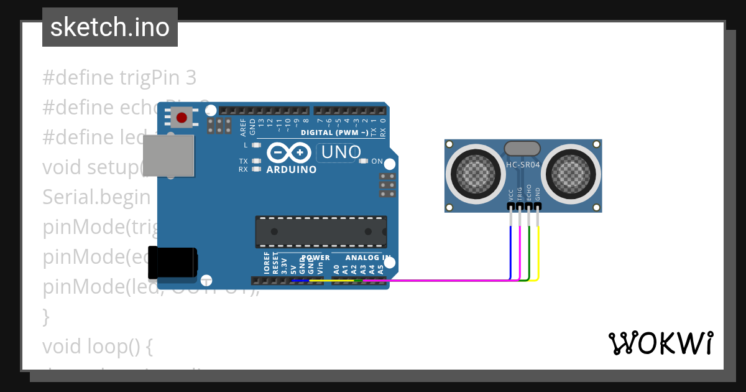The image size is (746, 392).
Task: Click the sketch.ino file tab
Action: click(109, 27)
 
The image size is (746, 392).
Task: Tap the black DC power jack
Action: click(172, 263)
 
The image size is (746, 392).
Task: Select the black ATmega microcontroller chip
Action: click(321, 231)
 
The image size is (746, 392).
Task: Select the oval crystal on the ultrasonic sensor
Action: click(522, 148)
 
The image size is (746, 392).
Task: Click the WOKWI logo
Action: click(660, 343)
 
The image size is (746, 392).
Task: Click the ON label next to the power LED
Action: click(377, 161)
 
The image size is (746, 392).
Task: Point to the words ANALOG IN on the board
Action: click(368, 258)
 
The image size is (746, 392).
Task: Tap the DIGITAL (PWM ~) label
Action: click(333, 133)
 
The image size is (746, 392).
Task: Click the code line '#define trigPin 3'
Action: click(119, 78)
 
